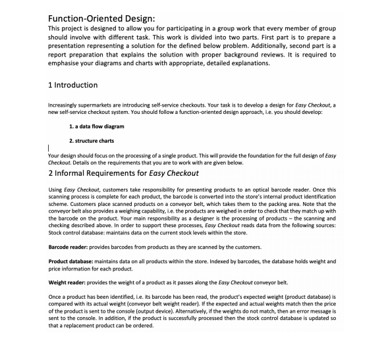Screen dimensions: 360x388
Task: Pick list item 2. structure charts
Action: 91,141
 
